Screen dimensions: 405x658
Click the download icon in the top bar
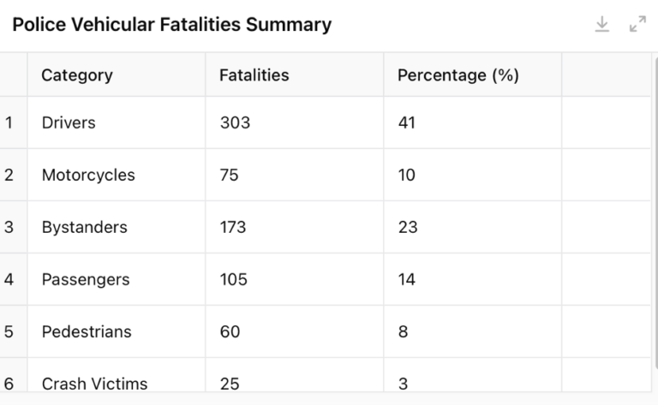pos(602,25)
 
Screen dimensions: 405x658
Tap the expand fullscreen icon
pos(637,25)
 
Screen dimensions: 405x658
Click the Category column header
pos(77,74)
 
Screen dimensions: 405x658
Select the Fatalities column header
pos(254,74)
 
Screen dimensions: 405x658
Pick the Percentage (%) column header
pos(458,74)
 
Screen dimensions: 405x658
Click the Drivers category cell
pos(69,122)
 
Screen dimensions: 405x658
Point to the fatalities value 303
pos(235,122)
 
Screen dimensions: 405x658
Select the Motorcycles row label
pos(88,175)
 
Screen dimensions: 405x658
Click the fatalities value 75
pos(229,175)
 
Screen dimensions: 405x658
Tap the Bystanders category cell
pos(84,227)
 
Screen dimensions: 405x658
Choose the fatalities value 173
pos(233,227)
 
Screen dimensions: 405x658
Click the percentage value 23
pos(408,227)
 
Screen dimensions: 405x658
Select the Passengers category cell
pos(86,279)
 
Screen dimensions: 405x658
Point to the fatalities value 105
pos(233,279)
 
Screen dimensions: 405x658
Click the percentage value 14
pos(407,279)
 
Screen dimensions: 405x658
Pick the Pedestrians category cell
pos(87,331)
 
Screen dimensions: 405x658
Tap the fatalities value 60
pos(230,331)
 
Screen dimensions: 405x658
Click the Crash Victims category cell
pos(94,383)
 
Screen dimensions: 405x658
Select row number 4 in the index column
pos(9,279)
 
